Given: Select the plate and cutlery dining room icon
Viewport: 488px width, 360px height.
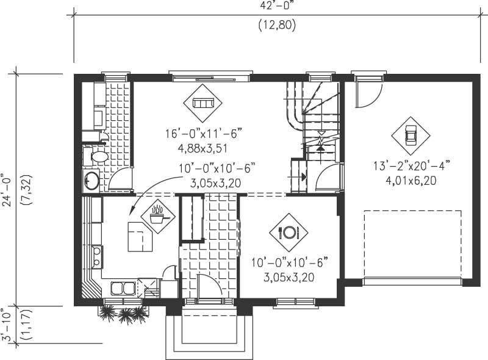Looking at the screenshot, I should (288, 232).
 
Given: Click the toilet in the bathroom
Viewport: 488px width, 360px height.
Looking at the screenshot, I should (98, 156).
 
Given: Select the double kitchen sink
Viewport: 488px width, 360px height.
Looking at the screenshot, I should (122, 288).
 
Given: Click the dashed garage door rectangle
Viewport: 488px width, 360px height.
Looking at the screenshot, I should (412, 244).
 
